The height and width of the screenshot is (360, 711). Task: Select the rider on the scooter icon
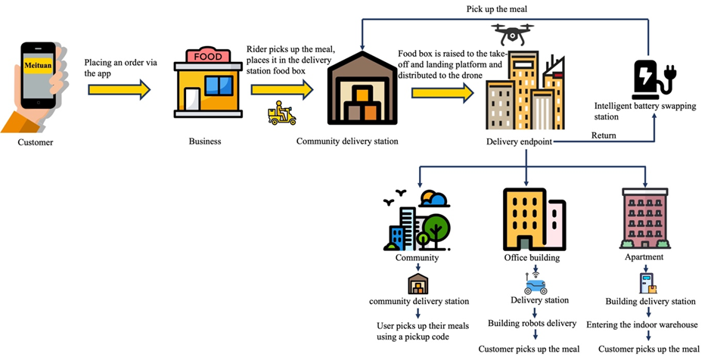[282, 113]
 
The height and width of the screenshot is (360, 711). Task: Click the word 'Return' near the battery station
[603, 136]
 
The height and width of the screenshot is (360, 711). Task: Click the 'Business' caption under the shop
[205, 141]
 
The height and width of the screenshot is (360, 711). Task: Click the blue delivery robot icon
[535, 285]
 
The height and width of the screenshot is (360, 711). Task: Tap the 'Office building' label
[532, 258]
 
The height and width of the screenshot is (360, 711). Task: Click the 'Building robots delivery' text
[532, 324]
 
